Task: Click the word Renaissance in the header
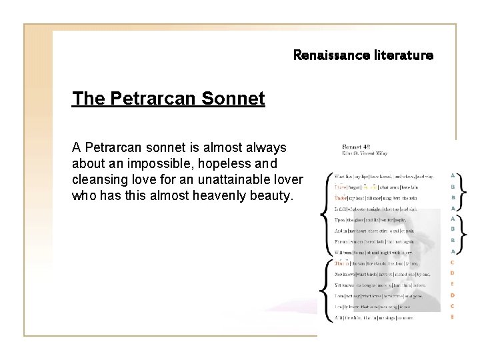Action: pos(329,56)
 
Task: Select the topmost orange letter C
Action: pos(453,262)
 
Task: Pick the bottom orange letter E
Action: pos(453,317)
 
